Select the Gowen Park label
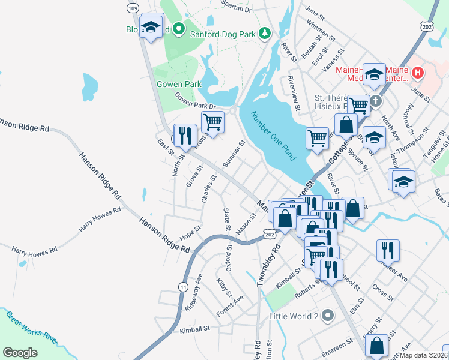click(x=179, y=85)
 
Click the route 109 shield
click(x=133, y=8)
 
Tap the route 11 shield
click(x=182, y=288)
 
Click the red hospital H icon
click(x=418, y=74)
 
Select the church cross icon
click(x=376, y=101)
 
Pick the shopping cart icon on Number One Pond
click(x=318, y=138)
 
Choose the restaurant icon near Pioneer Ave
click(x=388, y=249)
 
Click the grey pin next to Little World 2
click(x=327, y=315)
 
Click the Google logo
click(x=20, y=352)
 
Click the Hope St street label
click(x=190, y=232)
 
